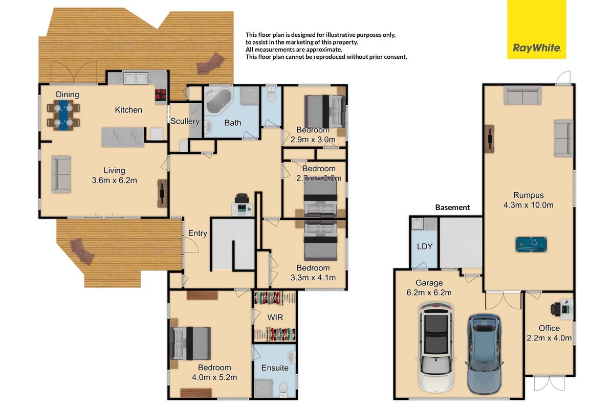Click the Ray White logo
[x=536, y=29]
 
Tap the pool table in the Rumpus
[x=531, y=244]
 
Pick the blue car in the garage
[x=484, y=354]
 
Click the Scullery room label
[x=185, y=121]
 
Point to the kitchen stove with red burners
[x=161, y=95]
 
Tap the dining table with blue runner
[x=63, y=115]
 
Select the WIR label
[x=275, y=317]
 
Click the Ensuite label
[x=275, y=368]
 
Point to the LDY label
[x=425, y=246]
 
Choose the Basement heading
[x=452, y=208]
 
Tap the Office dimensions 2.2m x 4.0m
[x=549, y=338]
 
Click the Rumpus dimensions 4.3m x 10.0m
[x=529, y=205]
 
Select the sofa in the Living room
[x=61, y=174]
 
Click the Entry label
[x=198, y=233]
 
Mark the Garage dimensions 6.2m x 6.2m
[x=429, y=292]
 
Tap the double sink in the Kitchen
[x=136, y=78]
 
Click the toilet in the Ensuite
[x=283, y=388]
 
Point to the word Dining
[x=68, y=95]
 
